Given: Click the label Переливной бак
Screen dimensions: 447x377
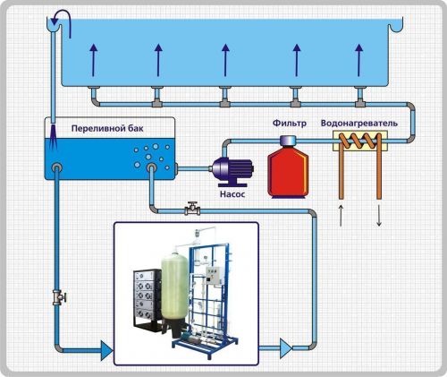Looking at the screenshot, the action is coord(107,129).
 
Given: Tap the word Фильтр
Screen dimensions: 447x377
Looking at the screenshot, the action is coord(290,123).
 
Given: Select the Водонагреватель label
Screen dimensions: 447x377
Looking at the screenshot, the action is coord(359,123).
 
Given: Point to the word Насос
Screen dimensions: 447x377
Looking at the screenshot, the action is coord(232,194).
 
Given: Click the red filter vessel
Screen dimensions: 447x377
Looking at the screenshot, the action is coord(288,172).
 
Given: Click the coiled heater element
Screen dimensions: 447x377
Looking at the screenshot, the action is coord(359,141).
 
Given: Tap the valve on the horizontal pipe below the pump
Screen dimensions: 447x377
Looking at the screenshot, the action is coord(192,209).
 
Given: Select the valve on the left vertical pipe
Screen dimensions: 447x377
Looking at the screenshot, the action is coord(59,297).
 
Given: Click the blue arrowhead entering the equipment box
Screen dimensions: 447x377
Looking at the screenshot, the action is coord(106,350).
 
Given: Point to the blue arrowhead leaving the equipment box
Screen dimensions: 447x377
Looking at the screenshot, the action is coord(285,348).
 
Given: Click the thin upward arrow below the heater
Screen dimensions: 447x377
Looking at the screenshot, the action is coord(341,215).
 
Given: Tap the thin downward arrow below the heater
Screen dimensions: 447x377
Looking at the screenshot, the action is coord(379,215).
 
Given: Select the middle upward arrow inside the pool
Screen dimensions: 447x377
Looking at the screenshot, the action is coord(225,60).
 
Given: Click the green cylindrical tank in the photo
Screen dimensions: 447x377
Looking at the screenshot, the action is coord(174,287).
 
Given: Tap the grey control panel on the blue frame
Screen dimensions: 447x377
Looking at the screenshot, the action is coord(213,275).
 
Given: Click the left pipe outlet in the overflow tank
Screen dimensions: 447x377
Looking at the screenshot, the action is coord(56,167).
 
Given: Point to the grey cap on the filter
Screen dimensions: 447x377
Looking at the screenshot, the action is coord(288,140).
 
